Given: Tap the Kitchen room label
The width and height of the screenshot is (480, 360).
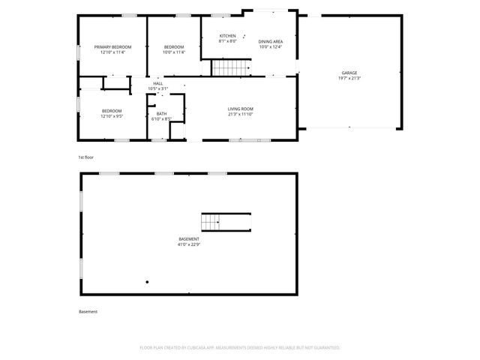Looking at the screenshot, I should [227, 36].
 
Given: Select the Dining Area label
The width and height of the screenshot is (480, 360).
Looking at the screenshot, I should [270, 42].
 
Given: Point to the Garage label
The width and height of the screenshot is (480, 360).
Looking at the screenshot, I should [349, 73].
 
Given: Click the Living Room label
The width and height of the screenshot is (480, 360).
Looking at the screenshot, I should [241, 109].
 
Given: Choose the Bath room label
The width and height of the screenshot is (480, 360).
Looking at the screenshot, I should [161, 114].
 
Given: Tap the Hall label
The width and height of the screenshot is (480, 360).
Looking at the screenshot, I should [157, 83].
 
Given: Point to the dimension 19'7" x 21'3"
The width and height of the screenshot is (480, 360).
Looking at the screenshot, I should [349, 78].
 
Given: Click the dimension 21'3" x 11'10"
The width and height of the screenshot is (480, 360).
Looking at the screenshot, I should [241, 115].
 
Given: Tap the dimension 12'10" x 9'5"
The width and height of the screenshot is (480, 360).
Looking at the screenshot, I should [112, 116].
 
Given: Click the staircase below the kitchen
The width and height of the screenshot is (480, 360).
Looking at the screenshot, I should [231, 68].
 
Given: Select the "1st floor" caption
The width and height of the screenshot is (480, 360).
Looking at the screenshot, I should [85, 157].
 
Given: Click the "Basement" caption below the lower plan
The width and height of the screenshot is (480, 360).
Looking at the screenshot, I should [88, 311].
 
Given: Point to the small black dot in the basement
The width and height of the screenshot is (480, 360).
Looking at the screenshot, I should [147, 283].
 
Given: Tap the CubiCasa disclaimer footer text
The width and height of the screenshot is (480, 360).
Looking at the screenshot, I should [240, 347].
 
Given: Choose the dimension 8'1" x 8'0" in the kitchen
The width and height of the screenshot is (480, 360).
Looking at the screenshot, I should [227, 41].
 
